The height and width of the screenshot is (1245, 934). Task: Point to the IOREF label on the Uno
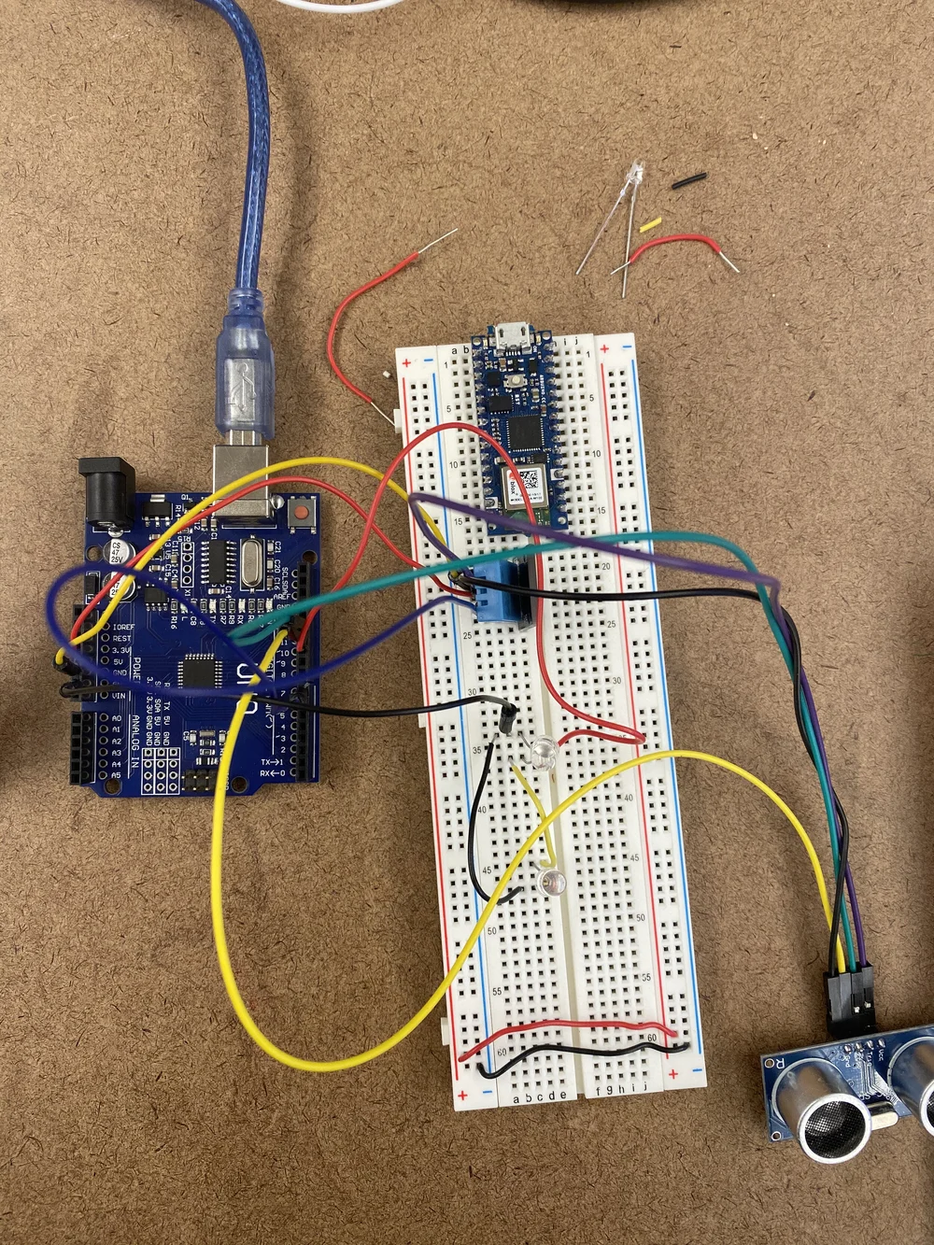pos(122,626)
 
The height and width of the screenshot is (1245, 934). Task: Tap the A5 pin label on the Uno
pos(116,775)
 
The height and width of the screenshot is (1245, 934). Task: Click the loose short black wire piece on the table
pos(688,179)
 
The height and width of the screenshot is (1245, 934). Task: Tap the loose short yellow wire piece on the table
pos(650,225)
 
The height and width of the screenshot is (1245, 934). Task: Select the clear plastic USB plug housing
pos(245,381)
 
